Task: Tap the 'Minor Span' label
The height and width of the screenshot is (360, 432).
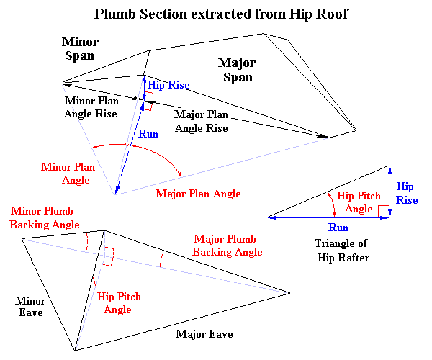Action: [x=80, y=49]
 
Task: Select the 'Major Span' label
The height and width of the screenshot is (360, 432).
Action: [x=237, y=71]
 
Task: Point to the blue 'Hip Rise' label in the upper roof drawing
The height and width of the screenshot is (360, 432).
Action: [x=168, y=86]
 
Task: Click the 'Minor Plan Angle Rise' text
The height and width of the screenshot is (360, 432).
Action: [x=92, y=108]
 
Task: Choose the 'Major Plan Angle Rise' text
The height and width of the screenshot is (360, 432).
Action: [x=202, y=121]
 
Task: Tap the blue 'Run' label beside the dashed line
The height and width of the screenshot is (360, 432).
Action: [x=149, y=134]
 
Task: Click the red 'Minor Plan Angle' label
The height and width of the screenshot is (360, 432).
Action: [x=66, y=174]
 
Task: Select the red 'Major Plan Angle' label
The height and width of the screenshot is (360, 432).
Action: [x=198, y=194]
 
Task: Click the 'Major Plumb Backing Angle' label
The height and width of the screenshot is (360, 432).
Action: [x=228, y=246]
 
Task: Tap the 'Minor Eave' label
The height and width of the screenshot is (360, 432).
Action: [x=30, y=306]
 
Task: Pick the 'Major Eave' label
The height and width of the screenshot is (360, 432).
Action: [x=205, y=335]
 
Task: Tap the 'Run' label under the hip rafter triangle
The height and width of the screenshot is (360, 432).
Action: [x=338, y=228]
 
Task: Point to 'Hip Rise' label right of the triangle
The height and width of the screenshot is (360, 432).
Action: [x=407, y=193]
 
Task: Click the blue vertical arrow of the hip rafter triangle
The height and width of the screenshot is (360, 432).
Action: [x=390, y=191]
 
